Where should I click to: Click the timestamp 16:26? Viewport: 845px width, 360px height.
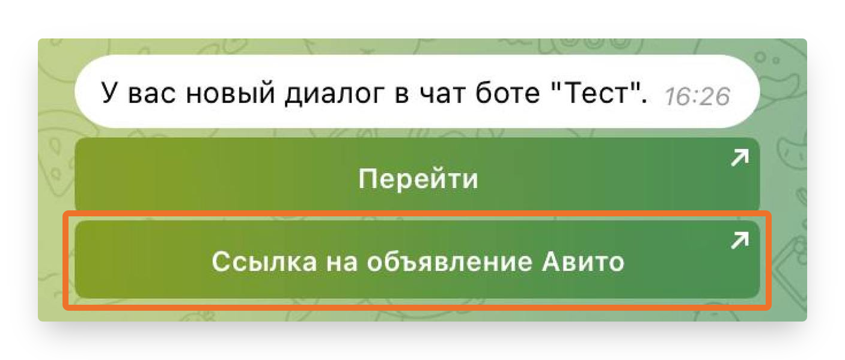(x=697, y=97)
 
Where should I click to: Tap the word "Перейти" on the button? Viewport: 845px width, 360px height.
(x=418, y=178)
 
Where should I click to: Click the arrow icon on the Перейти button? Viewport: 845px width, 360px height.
(x=740, y=157)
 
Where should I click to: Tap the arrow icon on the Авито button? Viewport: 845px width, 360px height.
(x=740, y=241)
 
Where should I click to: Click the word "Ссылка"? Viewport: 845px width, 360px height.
(x=264, y=261)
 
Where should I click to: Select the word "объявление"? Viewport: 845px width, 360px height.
(x=450, y=261)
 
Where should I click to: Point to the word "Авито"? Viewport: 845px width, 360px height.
(x=583, y=261)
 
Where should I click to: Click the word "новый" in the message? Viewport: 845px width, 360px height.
(x=231, y=94)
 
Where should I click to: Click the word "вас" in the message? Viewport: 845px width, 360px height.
(x=151, y=94)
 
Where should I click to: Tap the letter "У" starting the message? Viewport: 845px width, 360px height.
(x=108, y=92)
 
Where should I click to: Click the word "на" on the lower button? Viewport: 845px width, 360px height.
(x=342, y=263)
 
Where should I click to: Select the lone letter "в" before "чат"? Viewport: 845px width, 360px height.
(x=401, y=94)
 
